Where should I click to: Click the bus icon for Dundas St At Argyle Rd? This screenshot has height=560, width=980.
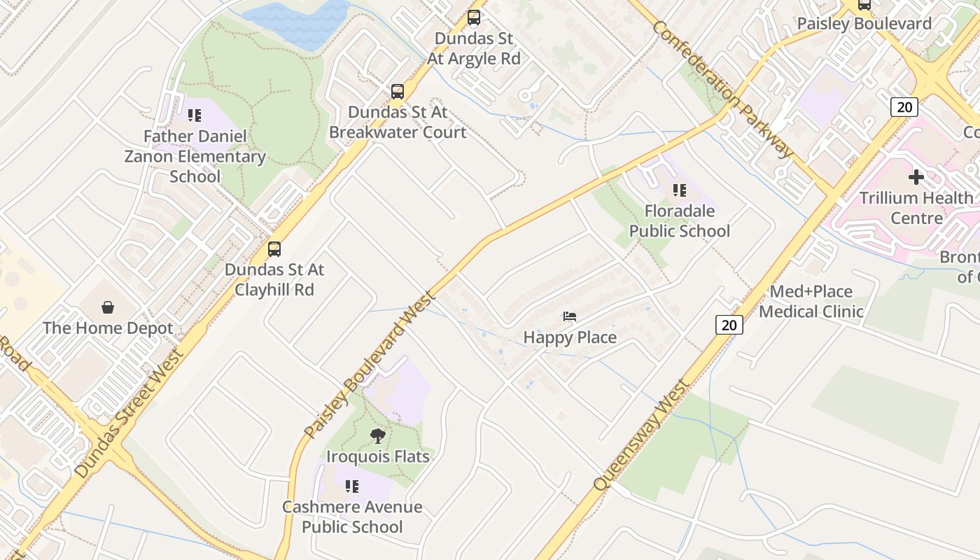(x=474, y=17)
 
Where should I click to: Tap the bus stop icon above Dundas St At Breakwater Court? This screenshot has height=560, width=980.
(x=397, y=92)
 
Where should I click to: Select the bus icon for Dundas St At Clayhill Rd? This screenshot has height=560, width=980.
(x=274, y=249)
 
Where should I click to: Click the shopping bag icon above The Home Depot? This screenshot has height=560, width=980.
(x=108, y=307)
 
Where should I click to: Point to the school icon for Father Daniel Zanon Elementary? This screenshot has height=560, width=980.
(x=195, y=115)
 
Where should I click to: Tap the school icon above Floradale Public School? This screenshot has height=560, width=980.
(x=679, y=190)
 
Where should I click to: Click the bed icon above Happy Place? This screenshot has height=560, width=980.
(x=570, y=316)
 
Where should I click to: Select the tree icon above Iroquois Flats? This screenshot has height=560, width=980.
(x=377, y=436)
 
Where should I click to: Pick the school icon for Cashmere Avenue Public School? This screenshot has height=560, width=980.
(x=352, y=486)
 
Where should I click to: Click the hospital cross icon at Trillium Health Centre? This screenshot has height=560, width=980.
(x=916, y=177)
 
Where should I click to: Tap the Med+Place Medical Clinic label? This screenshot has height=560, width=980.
(x=811, y=301)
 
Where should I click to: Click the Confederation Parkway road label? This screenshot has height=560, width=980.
(x=722, y=88)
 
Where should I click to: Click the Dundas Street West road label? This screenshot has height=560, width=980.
(x=129, y=413)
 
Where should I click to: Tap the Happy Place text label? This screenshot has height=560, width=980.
(x=570, y=337)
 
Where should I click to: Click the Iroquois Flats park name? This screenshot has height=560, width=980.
(x=377, y=456)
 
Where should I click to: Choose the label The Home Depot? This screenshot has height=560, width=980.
(x=108, y=328)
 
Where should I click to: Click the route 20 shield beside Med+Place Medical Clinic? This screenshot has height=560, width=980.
(x=729, y=325)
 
